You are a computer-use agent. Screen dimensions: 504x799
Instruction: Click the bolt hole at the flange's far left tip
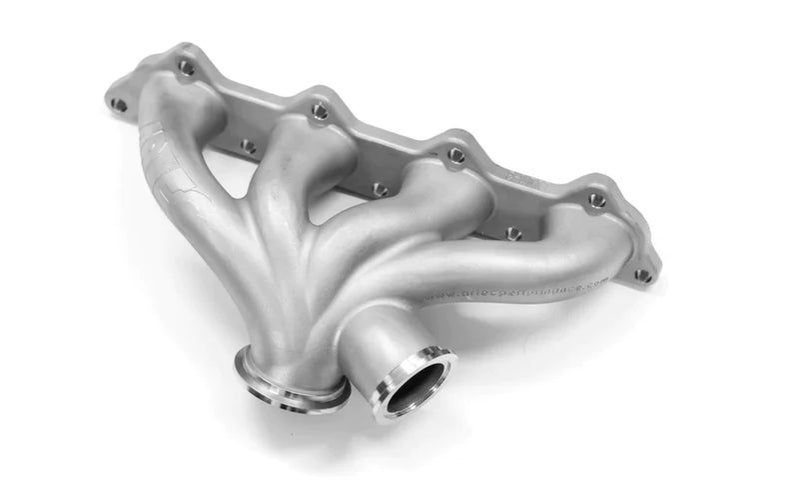click(119, 104)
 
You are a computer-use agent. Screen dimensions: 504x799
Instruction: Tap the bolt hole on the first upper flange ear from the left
click(186, 68)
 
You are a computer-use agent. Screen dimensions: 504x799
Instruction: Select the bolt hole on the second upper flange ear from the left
click(320, 111)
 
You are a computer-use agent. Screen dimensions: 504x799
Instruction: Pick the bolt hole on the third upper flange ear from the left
click(456, 155)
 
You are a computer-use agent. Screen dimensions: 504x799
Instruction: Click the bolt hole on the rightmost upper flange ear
click(597, 200)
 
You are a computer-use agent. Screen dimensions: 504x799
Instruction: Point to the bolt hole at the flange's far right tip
click(642, 274)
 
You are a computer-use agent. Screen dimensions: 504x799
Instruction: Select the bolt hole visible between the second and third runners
click(380, 189)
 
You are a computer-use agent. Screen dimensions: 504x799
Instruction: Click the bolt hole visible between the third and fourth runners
click(513, 233)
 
